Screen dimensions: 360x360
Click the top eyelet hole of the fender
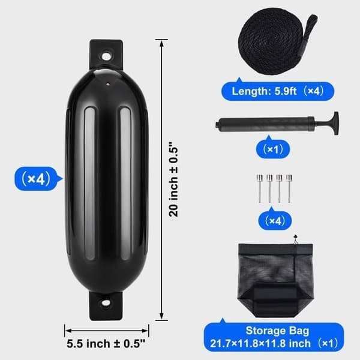coord(106,56)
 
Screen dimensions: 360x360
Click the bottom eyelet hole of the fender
coord(106,303)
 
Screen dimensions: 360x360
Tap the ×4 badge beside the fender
coord(36,179)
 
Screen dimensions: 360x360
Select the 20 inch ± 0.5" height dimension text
coord(173,179)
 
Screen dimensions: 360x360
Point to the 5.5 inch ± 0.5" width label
coord(106,344)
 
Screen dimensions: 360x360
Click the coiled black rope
coord(273,41)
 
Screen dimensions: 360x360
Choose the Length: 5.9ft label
coord(265,91)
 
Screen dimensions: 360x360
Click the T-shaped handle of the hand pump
coord(334,123)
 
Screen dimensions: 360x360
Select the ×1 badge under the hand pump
coord(273,149)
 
